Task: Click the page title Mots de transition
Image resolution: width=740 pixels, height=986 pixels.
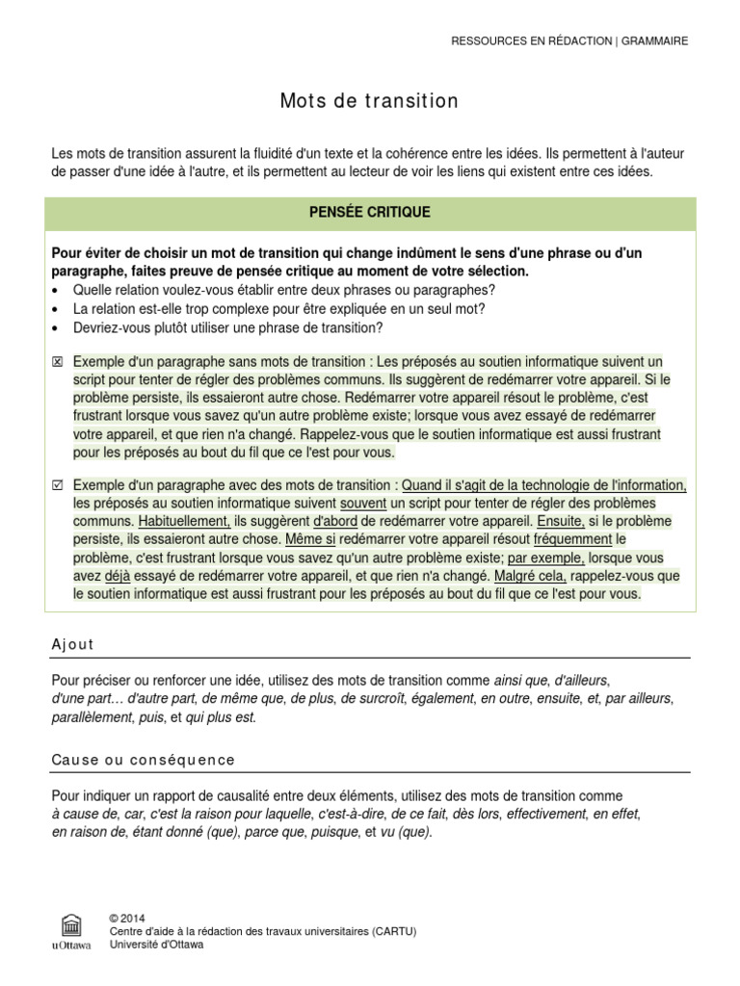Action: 370,101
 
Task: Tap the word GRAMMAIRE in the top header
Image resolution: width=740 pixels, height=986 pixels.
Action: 655,41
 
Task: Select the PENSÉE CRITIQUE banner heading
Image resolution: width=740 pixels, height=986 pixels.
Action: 370,213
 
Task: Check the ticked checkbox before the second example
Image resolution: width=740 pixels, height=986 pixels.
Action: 57,485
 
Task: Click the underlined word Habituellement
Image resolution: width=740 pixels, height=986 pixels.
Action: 185,521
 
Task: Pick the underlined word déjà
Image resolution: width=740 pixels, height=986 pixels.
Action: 117,576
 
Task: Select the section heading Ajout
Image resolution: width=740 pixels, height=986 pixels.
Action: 73,644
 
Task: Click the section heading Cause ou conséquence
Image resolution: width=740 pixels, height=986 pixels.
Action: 144,760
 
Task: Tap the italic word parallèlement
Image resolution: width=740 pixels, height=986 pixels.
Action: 93,717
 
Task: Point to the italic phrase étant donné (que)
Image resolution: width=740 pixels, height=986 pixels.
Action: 185,832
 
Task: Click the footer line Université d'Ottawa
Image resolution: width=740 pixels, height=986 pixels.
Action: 157,945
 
